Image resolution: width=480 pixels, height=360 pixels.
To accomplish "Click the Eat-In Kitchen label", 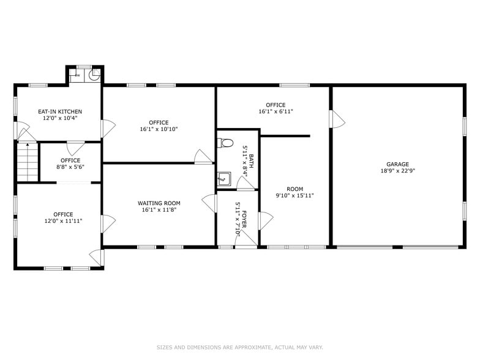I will click(x=60, y=111).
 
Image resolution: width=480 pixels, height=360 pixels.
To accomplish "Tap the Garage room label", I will click(x=397, y=164).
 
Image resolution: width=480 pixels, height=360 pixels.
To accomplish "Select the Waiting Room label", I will click(x=159, y=203).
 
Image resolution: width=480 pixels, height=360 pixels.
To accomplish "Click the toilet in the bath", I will click(x=225, y=143).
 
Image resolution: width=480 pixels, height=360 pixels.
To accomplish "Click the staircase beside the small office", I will click(x=27, y=162).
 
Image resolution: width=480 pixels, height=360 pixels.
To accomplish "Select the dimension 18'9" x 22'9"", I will click(x=397, y=171).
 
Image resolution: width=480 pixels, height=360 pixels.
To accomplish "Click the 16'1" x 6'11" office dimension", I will click(x=276, y=112).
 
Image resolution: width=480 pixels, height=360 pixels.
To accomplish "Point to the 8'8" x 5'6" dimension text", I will click(x=70, y=167).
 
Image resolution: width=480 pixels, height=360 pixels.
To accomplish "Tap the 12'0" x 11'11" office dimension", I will click(x=62, y=221).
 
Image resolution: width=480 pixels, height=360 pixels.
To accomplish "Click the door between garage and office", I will click(x=336, y=119).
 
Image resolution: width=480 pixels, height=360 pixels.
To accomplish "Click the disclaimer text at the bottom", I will click(x=239, y=347).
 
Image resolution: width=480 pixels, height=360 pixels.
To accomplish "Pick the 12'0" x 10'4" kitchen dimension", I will click(x=60, y=118).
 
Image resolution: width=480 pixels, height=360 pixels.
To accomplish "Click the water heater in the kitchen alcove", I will click(x=94, y=76).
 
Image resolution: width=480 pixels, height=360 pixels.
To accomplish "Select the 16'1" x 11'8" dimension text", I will click(x=159, y=211).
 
